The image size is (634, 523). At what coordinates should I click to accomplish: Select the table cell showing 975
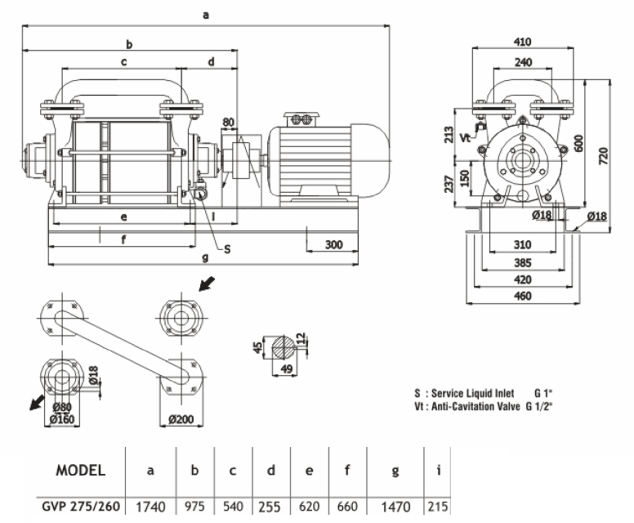pyautogui.click(x=194, y=507)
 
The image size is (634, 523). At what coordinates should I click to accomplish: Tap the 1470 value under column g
pyautogui.click(x=396, y=507)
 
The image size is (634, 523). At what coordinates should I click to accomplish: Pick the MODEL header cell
pyautogui.click(x=79, y=471)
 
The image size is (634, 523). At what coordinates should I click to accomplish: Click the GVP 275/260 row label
pyautogui.click(x=81, y=507)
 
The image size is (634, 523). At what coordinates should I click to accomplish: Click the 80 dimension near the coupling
pyautogui.click(x=228, y=123)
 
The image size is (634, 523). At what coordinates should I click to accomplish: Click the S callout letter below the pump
pyautogui.click(x=227, y=249)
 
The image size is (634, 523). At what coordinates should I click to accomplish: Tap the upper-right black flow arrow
pyautogui.click(x=208, y=284)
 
